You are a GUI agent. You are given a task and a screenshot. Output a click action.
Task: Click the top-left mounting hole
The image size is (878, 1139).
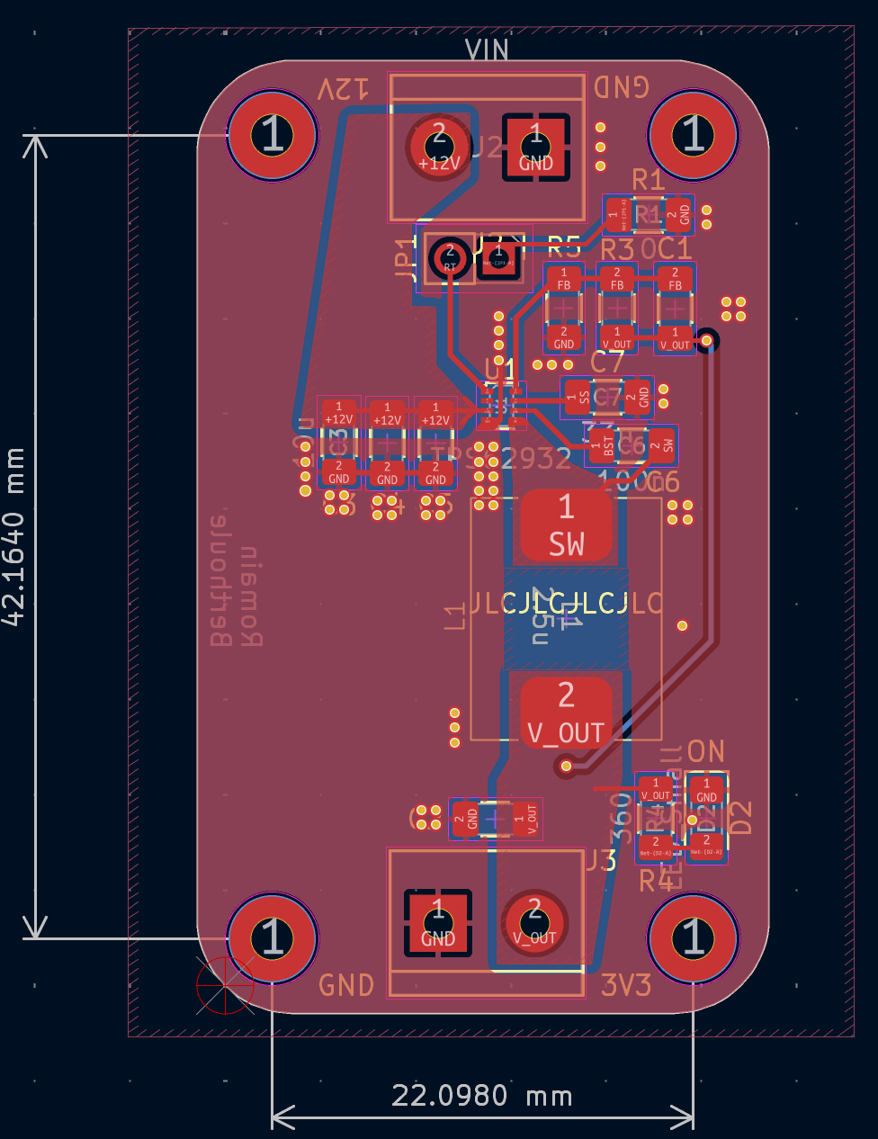point(273,135)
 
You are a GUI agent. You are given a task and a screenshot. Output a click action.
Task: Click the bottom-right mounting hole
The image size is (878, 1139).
point(693,937)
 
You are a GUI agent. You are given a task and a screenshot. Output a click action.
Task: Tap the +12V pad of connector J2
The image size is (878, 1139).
point(439,147)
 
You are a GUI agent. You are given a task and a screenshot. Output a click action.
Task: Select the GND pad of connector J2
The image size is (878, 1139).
point(536,147)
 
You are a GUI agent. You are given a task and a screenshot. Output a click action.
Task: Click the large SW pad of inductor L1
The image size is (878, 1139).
point(567,525)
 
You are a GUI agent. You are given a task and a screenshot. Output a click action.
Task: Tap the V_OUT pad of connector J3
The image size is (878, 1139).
point(535,922)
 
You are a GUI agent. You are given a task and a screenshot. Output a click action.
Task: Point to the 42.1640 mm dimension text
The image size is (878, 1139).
point(13,537)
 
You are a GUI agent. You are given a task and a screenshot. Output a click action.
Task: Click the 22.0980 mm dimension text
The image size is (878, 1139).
point(482,1096)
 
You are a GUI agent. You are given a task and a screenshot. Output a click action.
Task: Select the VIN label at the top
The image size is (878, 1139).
point(487,50)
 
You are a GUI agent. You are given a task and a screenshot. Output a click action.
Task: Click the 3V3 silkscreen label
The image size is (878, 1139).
point(626,985)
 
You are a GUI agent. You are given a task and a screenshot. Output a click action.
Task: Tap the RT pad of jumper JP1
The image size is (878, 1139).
point(450,258)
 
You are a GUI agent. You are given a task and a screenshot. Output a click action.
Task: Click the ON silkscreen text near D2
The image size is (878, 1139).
point(705,751)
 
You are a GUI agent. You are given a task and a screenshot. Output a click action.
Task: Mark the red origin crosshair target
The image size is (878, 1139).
point(225,985)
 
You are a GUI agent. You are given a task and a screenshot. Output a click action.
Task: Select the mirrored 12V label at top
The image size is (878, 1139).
point(343,89)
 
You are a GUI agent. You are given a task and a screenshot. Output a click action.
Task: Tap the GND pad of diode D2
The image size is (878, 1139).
point(707,791)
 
